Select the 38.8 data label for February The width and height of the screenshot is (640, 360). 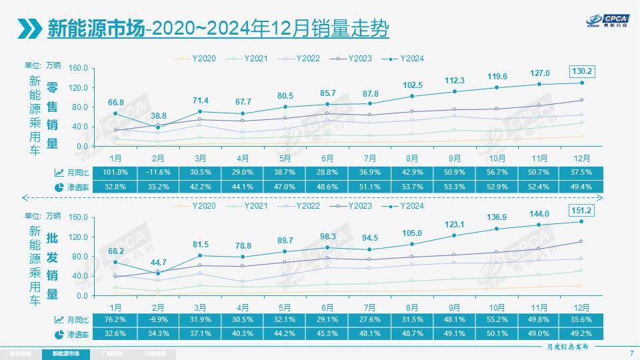click(x=158, y=115)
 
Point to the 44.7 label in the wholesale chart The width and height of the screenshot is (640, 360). click(x=158, y=261)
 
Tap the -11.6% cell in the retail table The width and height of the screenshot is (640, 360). click(x=158, y=172)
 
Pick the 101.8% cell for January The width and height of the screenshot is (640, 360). click(x=115, y=172)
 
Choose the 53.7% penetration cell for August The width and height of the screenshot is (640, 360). click(x=412, y=187)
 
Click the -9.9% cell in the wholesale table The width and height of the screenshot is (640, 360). click(x=158, y=319)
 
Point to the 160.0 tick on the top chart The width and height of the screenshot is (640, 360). click(x=79, y=68)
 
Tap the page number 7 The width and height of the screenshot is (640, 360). click(x=631, y=353)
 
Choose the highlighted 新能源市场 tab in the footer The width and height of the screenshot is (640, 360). click(x=65, y=353)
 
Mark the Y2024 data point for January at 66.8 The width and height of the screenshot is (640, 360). click(x=115, y=113)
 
